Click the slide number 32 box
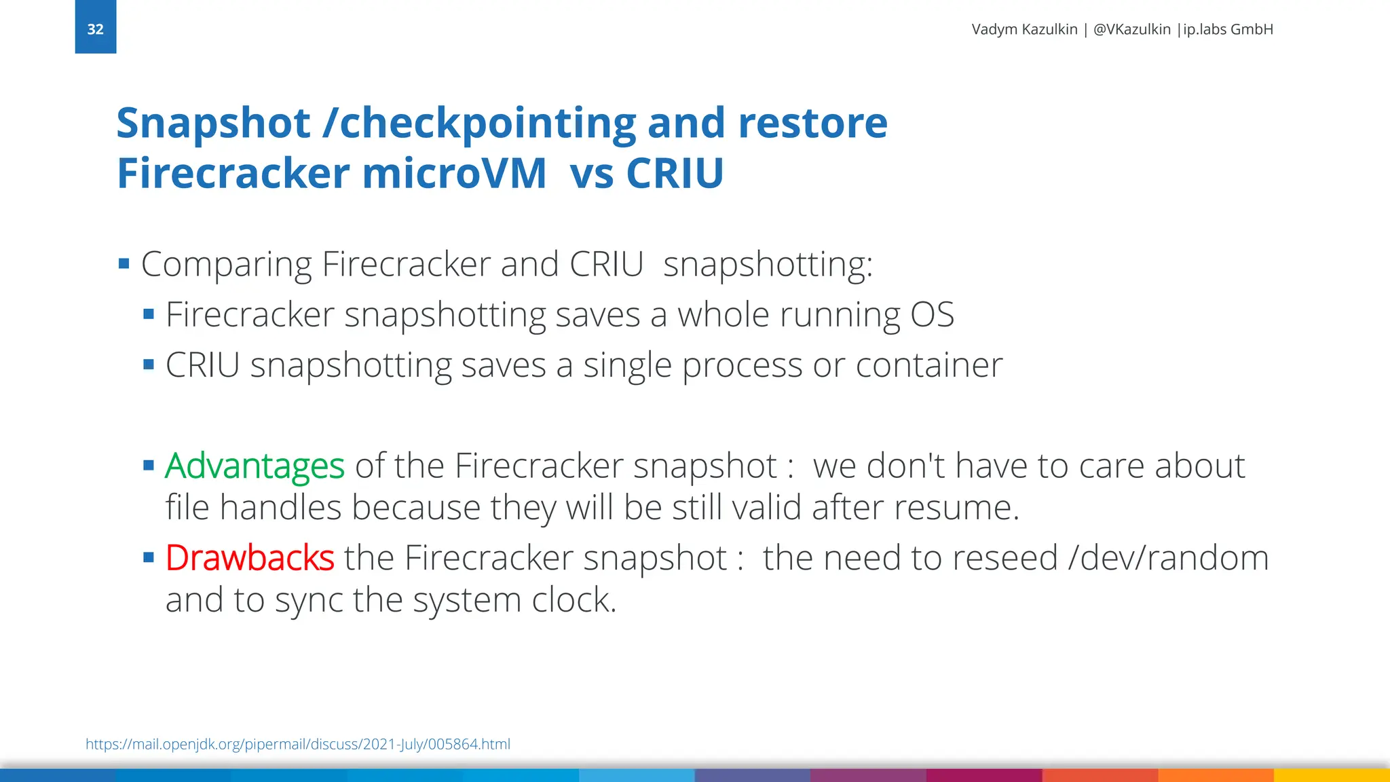point(95,27)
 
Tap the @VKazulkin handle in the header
point(1131,29)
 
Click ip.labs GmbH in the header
point(1228,29)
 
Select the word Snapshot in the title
point(213,124)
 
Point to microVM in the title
point(454,173)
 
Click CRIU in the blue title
point(675,173)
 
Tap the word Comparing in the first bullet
point(226,265)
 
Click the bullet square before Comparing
point(124,263)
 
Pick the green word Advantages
point(255,466)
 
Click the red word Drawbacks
point(250,558)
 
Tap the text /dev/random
point(1168,558)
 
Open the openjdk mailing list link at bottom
point(297,744)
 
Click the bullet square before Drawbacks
point(149,558)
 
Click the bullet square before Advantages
point(149,466)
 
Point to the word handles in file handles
point(280,508)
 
